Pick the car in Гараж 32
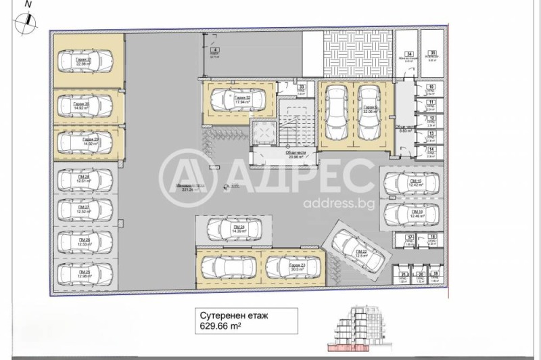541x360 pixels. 236,100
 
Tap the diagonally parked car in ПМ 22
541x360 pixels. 356,248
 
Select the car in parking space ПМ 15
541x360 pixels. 410,183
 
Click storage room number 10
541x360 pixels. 431,90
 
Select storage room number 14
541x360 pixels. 431,152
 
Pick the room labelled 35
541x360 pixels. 432,56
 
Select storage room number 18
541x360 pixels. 431,242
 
